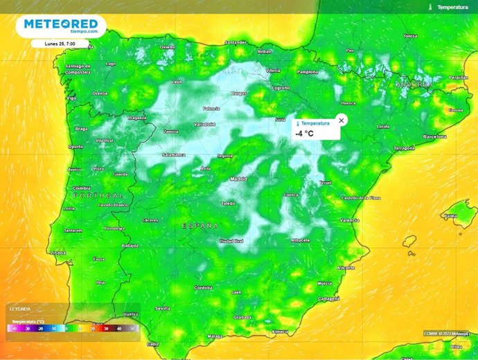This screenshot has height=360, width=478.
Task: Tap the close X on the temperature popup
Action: pos(341,120)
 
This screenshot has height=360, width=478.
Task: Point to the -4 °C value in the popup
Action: pos(304,133)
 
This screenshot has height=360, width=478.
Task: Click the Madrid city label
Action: pos(238,179)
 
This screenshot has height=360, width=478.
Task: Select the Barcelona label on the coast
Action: pos(435,137)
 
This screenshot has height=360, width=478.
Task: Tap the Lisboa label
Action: pos(57,253)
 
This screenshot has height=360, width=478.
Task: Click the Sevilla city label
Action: pos(163,307)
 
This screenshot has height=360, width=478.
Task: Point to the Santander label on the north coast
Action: pos(236,42)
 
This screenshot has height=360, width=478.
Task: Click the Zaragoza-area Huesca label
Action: pos(348,103)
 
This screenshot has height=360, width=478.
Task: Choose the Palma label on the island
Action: pos(451,215)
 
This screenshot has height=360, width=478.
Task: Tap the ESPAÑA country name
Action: pos(200,226)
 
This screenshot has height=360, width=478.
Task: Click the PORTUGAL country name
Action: pos(98,196)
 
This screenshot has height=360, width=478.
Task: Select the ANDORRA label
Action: pos(414,84)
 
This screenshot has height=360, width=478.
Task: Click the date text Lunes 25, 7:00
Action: pos(60,43)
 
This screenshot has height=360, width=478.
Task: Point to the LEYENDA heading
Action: pos(19,308)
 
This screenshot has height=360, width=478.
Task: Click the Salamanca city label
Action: pos(173,154)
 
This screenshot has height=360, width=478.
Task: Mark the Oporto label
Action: pos(76,147)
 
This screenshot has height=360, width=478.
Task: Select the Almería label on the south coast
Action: pos(280,332)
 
